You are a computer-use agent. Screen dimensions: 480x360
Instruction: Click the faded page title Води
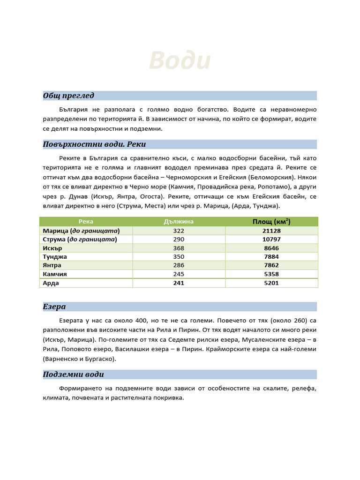pos(180,61)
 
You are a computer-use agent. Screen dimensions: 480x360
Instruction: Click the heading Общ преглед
pos(68,96)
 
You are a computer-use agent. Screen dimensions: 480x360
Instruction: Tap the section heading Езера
pos(54,307)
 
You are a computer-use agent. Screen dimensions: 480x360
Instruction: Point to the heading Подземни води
pos(74,374)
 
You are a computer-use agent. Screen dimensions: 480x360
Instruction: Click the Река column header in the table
pos(86,222)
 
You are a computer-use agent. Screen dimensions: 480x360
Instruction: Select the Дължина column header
pos(179,222)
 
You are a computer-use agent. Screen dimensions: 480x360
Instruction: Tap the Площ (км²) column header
pos(271,222)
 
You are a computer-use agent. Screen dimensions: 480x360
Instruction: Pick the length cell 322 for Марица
pos(179,231)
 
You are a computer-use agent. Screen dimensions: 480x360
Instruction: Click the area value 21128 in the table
pos(271,231)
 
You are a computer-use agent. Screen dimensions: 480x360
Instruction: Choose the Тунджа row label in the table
pos(55,257)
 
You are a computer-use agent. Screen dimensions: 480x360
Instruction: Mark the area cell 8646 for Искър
pos(271,248)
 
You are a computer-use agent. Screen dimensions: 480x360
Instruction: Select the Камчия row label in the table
pos(55,274)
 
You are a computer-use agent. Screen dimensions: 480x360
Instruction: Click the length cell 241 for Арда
pos(179,283)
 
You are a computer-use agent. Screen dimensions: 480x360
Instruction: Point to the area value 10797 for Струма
pos(271,240)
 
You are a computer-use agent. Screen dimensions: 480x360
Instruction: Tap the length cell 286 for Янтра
pos(179,265)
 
